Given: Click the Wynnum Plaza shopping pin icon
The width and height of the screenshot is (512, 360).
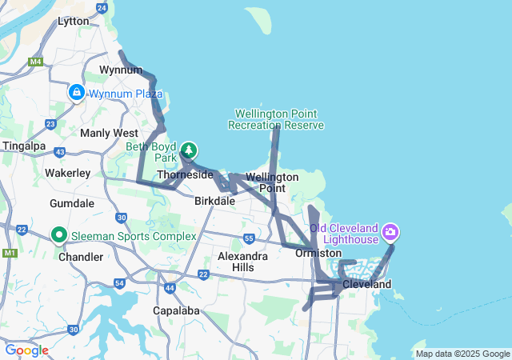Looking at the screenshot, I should click(76, 93).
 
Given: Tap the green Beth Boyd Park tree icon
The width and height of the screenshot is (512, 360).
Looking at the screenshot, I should click(189, 150).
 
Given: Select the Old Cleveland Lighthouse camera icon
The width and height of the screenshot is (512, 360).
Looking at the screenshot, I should click(390, 233).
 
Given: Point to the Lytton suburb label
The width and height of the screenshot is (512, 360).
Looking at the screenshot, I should click(74, 22).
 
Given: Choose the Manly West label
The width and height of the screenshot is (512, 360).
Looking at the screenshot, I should click(109, 133).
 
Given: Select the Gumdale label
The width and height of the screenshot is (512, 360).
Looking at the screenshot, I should click(72, 203).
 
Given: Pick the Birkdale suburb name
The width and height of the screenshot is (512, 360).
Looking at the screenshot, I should click(214, 201).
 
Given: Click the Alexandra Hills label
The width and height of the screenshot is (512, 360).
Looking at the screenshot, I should click(242, 262).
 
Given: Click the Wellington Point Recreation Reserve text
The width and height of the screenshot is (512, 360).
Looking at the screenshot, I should click(276, 119).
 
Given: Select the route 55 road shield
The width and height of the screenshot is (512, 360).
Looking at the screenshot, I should click(250, 238).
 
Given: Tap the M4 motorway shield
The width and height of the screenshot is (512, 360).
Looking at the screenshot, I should click(35, 61).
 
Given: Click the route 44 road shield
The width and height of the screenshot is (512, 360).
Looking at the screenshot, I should click(169, 287).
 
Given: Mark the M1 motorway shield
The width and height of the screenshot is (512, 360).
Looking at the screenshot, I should click(9, 254).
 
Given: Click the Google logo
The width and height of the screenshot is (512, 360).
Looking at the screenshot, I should click(26, 350).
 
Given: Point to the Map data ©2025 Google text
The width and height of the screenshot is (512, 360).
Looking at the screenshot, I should click(462, 354).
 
